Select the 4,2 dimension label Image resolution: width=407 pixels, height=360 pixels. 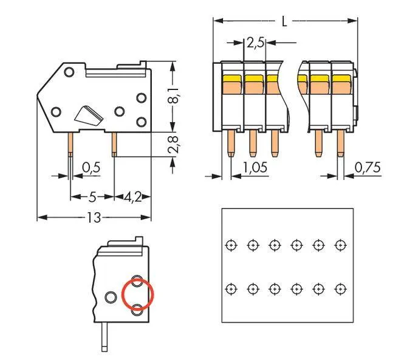click(x=134, y=197)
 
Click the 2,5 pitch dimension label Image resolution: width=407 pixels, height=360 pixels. click(x=255, y=43)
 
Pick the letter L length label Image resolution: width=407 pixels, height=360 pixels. click(x=284, y=21)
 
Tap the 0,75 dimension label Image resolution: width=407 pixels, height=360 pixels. click(x=368, y=167)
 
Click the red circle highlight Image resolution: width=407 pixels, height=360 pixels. click(x=138, y=295)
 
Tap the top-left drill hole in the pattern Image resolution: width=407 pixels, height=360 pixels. click(x=230, y=244)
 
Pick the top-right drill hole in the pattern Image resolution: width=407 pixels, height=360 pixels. click(x=340, y=244)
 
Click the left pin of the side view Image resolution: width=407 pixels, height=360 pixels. click(x=71, y=143)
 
